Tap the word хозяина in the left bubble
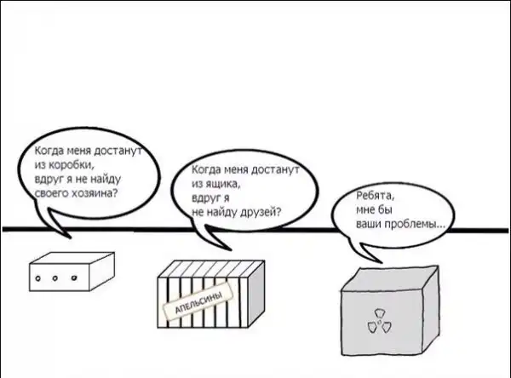(x=97, y=193)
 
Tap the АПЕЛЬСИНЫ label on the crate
(x=197, y=303)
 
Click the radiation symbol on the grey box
(x=376, y=324)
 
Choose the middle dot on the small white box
(x=56, y=277)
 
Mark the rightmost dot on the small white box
(x=73, y=277)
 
